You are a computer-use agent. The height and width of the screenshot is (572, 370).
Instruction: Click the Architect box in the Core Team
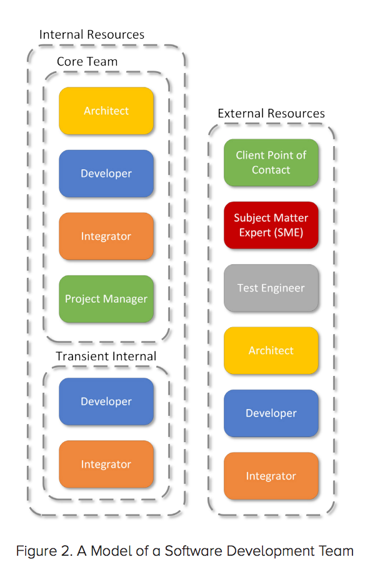tap(106, 111)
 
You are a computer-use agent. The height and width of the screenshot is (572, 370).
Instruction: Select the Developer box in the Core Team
tap(106, 173)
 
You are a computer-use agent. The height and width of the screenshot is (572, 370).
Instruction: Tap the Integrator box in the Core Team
tap(106, 236)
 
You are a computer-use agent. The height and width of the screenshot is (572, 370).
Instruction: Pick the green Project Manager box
tap(106, 298)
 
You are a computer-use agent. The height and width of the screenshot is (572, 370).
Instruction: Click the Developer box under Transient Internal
tap(106, 402)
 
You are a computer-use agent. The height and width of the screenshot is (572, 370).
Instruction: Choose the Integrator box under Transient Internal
tap(106, 464)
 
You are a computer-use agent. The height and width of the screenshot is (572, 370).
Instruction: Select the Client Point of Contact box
tap(271, 162)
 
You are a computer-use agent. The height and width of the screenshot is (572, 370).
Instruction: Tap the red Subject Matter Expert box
tap(271, 225)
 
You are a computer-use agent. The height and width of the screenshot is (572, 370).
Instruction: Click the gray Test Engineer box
tap(271, 288)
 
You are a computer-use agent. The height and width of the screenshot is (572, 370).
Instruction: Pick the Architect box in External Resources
tap(271, 350)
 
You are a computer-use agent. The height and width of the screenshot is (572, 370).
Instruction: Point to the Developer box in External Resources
tap(271, 413)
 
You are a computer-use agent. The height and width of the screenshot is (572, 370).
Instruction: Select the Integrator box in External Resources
tap(271, 476)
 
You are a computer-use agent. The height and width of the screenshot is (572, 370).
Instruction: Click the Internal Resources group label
tap(92, 34)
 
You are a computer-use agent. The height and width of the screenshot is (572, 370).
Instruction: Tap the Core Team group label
tap(87, 61)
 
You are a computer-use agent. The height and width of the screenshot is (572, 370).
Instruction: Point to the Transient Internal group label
tap(106, 356)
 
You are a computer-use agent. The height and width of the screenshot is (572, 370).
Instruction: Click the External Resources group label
tap(271, 113)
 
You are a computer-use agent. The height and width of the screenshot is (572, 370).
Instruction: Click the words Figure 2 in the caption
tap(44, 551)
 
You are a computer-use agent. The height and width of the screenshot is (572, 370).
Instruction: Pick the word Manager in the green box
tap(126, 299)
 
